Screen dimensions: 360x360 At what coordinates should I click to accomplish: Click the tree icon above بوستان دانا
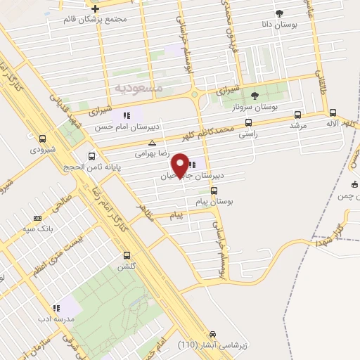pyautogui.click(x=278, y=13)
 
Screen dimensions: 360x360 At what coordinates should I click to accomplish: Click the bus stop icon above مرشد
pyautogui.click(x=298, y=115)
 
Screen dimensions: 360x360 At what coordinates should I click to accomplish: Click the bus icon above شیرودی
pyautogui.click(x=44, y=139)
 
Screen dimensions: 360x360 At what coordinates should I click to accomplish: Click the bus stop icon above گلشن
pyautogui.click(x=127, y=255)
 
